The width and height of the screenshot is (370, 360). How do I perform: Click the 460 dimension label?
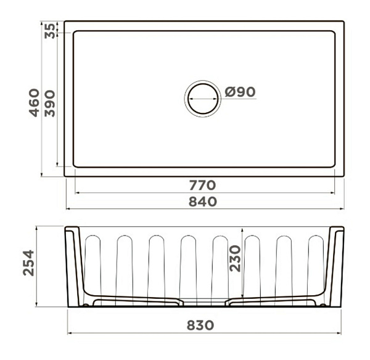[x=34, y=102]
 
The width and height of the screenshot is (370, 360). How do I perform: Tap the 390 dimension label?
[x=50, y=104]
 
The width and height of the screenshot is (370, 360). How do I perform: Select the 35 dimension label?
[x=50, y=31]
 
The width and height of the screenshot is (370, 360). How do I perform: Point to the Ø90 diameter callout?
[x=240, y=92]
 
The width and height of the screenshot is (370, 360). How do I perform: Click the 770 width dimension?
[x=203, y=185]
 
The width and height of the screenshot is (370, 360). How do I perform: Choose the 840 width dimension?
[x=203, y=202]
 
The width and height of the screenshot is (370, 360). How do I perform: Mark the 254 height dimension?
[x=28, y=263]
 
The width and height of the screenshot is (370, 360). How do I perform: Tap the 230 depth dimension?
[x=235, y=258]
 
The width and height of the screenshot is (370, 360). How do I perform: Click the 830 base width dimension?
[x=200, y=325]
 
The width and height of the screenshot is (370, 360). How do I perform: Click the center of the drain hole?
[x=203, y=99]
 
